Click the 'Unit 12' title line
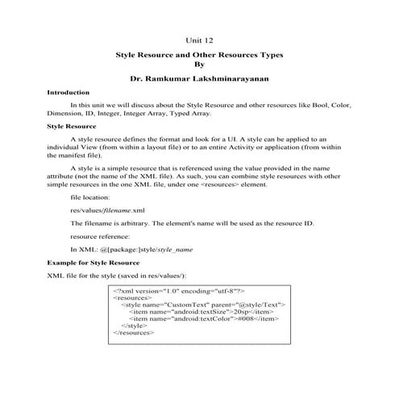(200, 37)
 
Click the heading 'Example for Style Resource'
(93, 263)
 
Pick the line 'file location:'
(93, 196)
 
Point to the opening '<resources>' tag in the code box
(132, 296)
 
